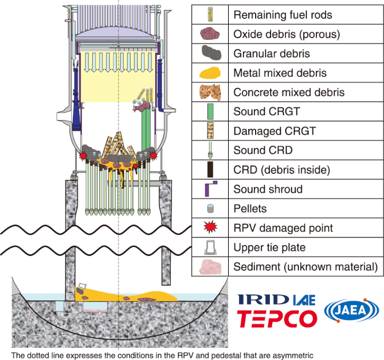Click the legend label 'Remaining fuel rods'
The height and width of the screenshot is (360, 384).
click(x=283, y=15)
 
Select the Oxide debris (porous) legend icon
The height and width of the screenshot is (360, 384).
click(x=211, y=34)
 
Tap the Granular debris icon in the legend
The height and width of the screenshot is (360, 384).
click(x=211, y=54)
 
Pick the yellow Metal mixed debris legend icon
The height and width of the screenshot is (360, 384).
click(x=211, y=73)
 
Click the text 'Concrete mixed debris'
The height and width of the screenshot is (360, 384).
click(x=289, y=92)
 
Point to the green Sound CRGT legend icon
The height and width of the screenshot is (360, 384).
click(x=211, y=112)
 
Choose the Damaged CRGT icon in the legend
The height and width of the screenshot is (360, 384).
click(x=211, y=131)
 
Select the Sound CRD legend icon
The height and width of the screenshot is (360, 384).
click(x=211, y=150)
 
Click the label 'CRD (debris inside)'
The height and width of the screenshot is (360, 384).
click(x=281, y=170)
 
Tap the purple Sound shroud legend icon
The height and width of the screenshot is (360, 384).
click(x=211, y=189)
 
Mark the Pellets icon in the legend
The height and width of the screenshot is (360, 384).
click(x=211, y=209)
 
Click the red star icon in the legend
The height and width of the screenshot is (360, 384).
click(x=211, y=228)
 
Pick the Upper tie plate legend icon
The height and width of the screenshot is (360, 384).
click(x=211, y=248)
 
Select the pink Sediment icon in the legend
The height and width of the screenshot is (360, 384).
click(x=211, y=267)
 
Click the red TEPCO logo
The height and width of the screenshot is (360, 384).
click(x=277, y=318)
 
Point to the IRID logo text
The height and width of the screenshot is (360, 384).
click(x=262, y=299)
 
